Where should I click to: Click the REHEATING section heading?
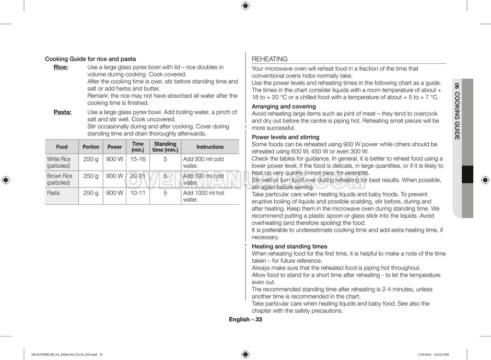coord(270,60)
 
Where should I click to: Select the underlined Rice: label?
coord(61,67)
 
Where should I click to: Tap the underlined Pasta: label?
coord(63,112)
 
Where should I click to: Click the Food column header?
coord(62,147)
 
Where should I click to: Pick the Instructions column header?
coord(210,147)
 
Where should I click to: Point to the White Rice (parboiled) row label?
coord(59,162)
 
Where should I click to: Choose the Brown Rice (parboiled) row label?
coord(60,179)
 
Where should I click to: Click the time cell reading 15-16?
coord(138,159)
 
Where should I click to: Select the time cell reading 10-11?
coord(138,193)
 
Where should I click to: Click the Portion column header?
coord(91,147)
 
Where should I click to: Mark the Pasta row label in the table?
coord(53,193)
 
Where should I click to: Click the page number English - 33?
coord(245,320)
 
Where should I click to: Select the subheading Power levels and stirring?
coord(285,137)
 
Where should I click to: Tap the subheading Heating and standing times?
coord(289,246)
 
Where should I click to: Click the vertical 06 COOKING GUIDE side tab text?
coord(457,111)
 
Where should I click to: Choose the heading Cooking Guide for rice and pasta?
coord(90,59)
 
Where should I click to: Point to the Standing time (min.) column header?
coord(165,147)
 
